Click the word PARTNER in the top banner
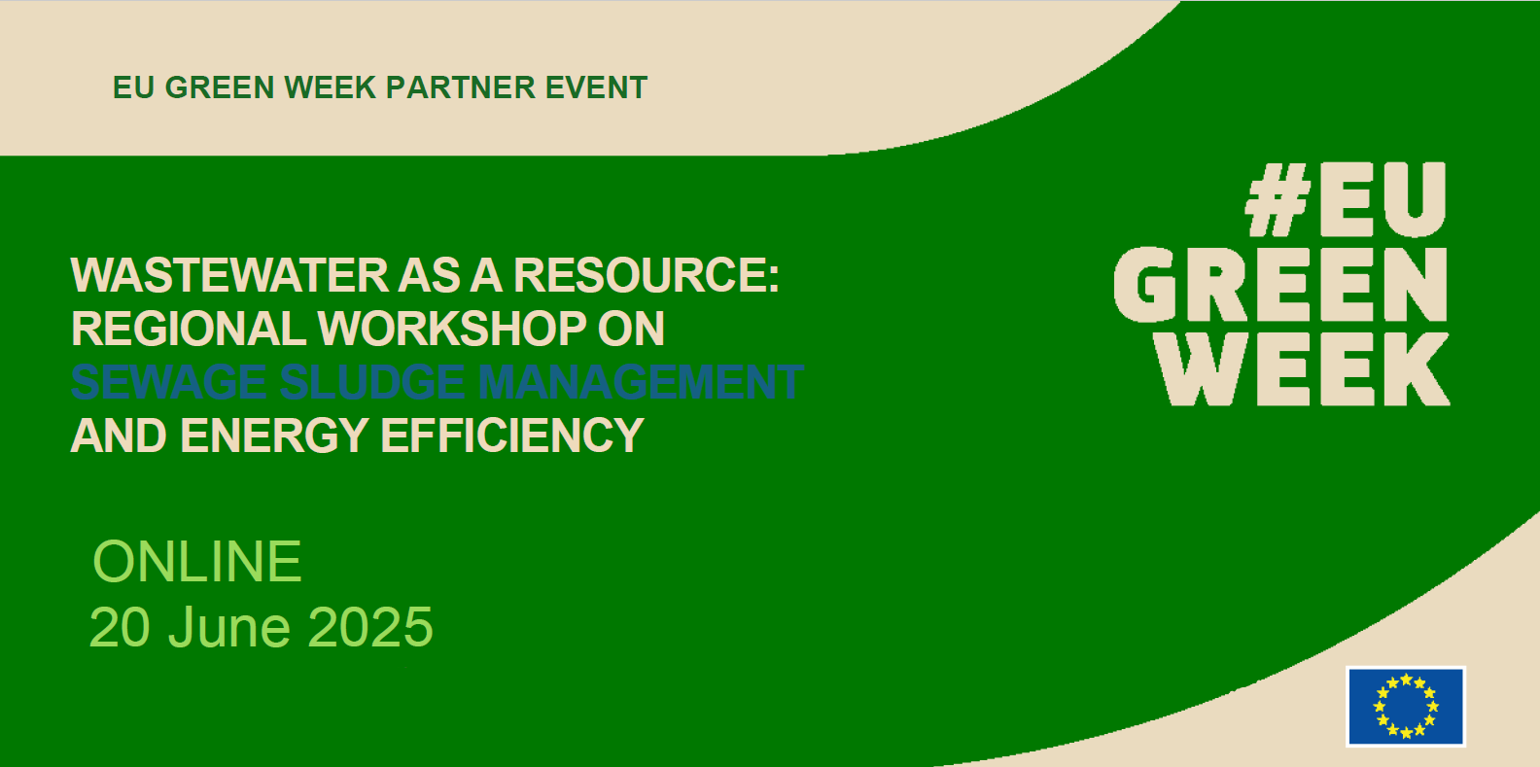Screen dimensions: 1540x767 click(460, 87)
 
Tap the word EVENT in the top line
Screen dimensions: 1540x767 click(596, 87)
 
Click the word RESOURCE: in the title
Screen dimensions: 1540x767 click(647, 276)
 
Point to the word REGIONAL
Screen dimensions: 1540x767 click(189, 330)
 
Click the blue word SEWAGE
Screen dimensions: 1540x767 click(169, 383)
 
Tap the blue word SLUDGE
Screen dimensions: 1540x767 click(372, 383)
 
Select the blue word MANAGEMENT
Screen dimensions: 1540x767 click(640, 383)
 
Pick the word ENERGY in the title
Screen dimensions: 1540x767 click(275, 436)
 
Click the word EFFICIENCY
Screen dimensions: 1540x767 click(512, 436)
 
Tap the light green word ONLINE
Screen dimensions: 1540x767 click(197, 562)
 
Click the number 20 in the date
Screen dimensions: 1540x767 click(120, 627)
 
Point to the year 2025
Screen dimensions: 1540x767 click(370, 627)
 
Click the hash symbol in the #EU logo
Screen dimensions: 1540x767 click(1278, 200)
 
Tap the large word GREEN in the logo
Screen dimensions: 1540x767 click(1280, 285)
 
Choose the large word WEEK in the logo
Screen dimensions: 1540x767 click(1303, 369)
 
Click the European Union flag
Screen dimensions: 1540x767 click(1406, 707)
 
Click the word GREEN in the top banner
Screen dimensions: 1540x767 click(220, 87)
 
